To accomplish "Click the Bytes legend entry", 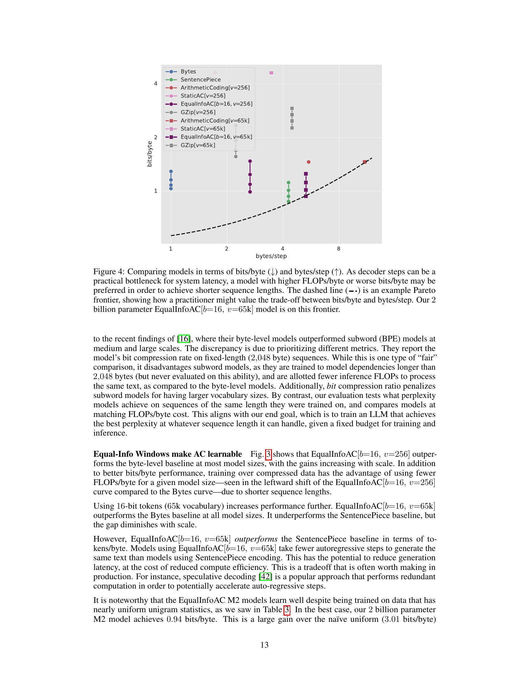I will coord(188,72).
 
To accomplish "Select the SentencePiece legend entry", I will coord(200,80).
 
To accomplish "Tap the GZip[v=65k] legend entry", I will coord(198,145).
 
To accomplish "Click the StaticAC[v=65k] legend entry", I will coord(203,129).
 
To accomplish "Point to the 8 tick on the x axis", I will coord(339,249).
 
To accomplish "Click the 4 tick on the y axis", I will coord(156,84).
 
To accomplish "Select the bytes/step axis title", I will coord(271,256).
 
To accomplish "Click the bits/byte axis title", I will coord(149,154).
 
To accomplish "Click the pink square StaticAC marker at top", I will coord(271,73).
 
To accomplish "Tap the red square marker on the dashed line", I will coord(364,162).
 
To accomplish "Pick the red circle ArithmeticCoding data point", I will coord(308,162).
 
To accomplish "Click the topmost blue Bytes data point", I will coord(171,171).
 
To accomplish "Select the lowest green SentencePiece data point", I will coord(288,201).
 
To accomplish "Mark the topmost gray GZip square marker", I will coord(292,109).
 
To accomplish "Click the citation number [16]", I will coord(184,339).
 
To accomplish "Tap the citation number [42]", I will coord(265,576).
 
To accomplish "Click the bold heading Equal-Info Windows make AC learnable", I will coord(167,454).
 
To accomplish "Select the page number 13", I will coord(264,645).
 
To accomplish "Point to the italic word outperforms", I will coord(256,539).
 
